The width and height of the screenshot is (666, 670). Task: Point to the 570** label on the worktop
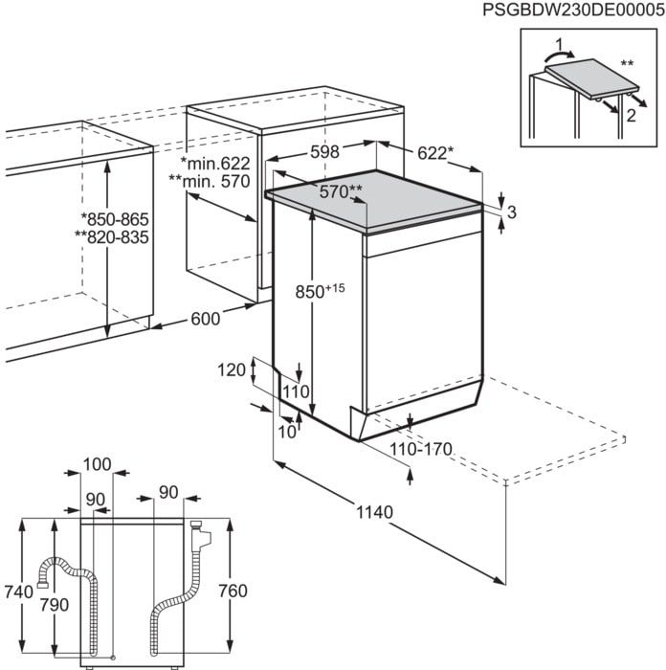(341, 191)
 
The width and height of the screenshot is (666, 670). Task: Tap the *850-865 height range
(115, 220)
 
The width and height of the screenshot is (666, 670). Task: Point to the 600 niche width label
(204, 319)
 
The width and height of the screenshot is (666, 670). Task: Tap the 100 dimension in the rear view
(97, 464)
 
